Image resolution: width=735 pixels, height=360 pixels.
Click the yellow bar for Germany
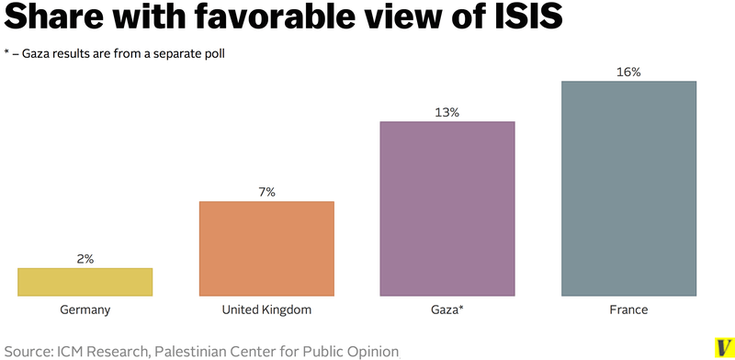click(x=85, y=282)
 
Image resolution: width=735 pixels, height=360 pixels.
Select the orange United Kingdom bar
click(x=266, y=249)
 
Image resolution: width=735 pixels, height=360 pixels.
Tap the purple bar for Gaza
click(x=447, y=208)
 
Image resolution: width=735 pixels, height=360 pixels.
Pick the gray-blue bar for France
click(x=628, y=188)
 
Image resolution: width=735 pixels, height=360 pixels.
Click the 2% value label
click(x=85, y=259)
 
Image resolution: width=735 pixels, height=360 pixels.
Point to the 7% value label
click(x=266, y=192)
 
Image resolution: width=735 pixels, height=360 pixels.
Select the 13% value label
click(x=447, y=112)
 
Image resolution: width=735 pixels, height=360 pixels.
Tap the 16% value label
click(x=628, y=72)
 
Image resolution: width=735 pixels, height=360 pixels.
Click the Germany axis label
click(x=85, y=310)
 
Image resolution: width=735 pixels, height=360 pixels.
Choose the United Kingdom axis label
click(x=266, y=310)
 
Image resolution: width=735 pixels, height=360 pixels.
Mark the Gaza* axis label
click(x=447, y=310)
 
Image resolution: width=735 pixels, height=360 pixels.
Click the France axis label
click(x=628, y=310)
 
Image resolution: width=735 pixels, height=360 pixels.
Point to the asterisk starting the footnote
click(x=7, y=53)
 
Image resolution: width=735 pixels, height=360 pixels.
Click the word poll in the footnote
click(x=213, y=53)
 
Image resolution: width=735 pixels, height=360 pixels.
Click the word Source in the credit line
click(x=29, y=350)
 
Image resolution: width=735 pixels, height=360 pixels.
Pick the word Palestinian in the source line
click(x=194, y=350)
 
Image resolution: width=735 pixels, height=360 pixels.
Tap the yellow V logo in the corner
click(x=723, y=345)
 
